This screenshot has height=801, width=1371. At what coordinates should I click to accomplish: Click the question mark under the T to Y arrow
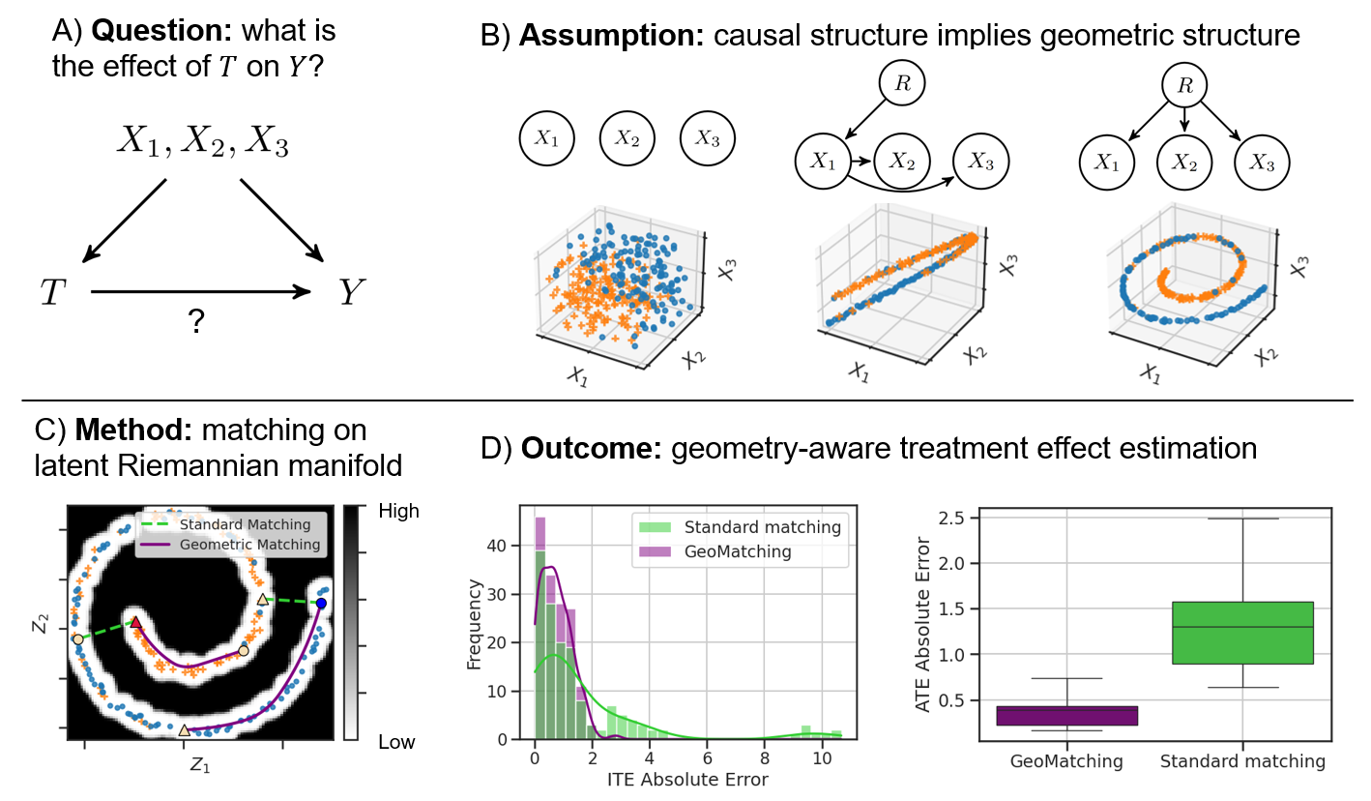click(x=197, y=322)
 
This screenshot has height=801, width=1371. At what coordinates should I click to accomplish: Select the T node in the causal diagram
click(x=52, y=293)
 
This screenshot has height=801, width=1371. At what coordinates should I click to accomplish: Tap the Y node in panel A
click(x=351, y=292)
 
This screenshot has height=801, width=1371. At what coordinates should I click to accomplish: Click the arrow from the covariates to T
click(x=125, y=219)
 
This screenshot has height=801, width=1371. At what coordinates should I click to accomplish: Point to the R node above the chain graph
click(x=902, y=83)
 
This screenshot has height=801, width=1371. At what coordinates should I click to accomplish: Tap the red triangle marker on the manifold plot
click(x=136, y=622)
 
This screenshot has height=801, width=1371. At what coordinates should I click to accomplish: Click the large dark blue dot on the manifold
click(x=321, y=604)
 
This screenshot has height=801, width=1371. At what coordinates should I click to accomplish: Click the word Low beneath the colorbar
click(x=396, y=742)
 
